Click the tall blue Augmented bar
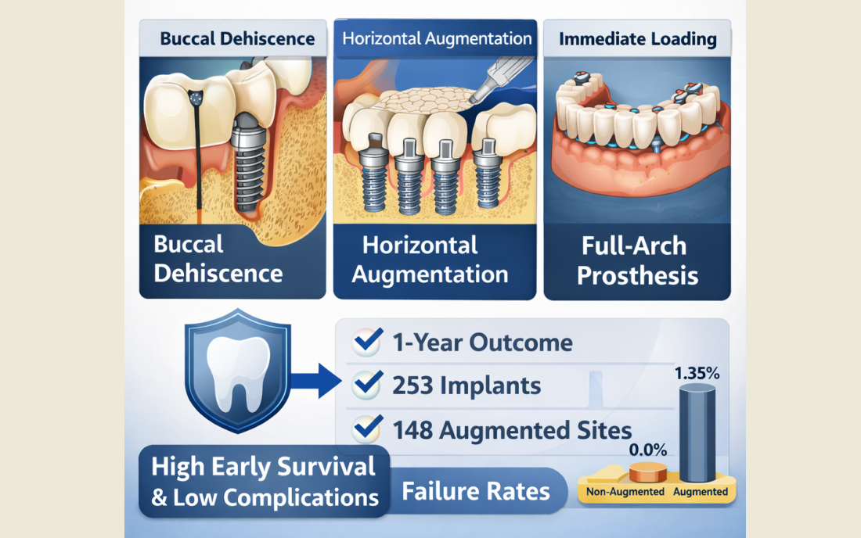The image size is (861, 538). pyautogui.click(x=697, y=433)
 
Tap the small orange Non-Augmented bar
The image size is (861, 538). pyautogui.click(x=648, y=472)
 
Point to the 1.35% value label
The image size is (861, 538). pyautogui.click(x=697, y=374)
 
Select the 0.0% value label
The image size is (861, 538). pyautogui.click(x=648, y=450)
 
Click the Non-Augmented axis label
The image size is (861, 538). pyautogui.click(x=625, y=492)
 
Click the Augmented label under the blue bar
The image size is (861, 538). pyautogui.click(x=701, y=492)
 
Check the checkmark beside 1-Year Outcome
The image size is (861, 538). pyautogui.click(x=368, y=341)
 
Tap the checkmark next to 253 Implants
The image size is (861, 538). pyautogui.click(x=368, y=384)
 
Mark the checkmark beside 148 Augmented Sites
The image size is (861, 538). pyautogui.click(x=368, y=429)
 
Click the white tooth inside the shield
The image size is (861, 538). pyautogui.click(x=238, y=374)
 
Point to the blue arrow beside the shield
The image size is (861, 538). pyautogui.click(x=315, y=381)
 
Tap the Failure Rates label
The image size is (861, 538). pyautogui.click(x=476, y=491)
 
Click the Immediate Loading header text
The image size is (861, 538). pyautogui.click(x=637, y=39)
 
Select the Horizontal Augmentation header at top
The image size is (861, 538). pyautogui.click(x=437, y=38)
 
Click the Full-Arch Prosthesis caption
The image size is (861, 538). pyautogui.click(x=637, y=260)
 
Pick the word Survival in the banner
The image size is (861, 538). pyautogui.click(x=326, y=467)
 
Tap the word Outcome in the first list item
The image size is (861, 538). pyautogui.click(x=521, y=343)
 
